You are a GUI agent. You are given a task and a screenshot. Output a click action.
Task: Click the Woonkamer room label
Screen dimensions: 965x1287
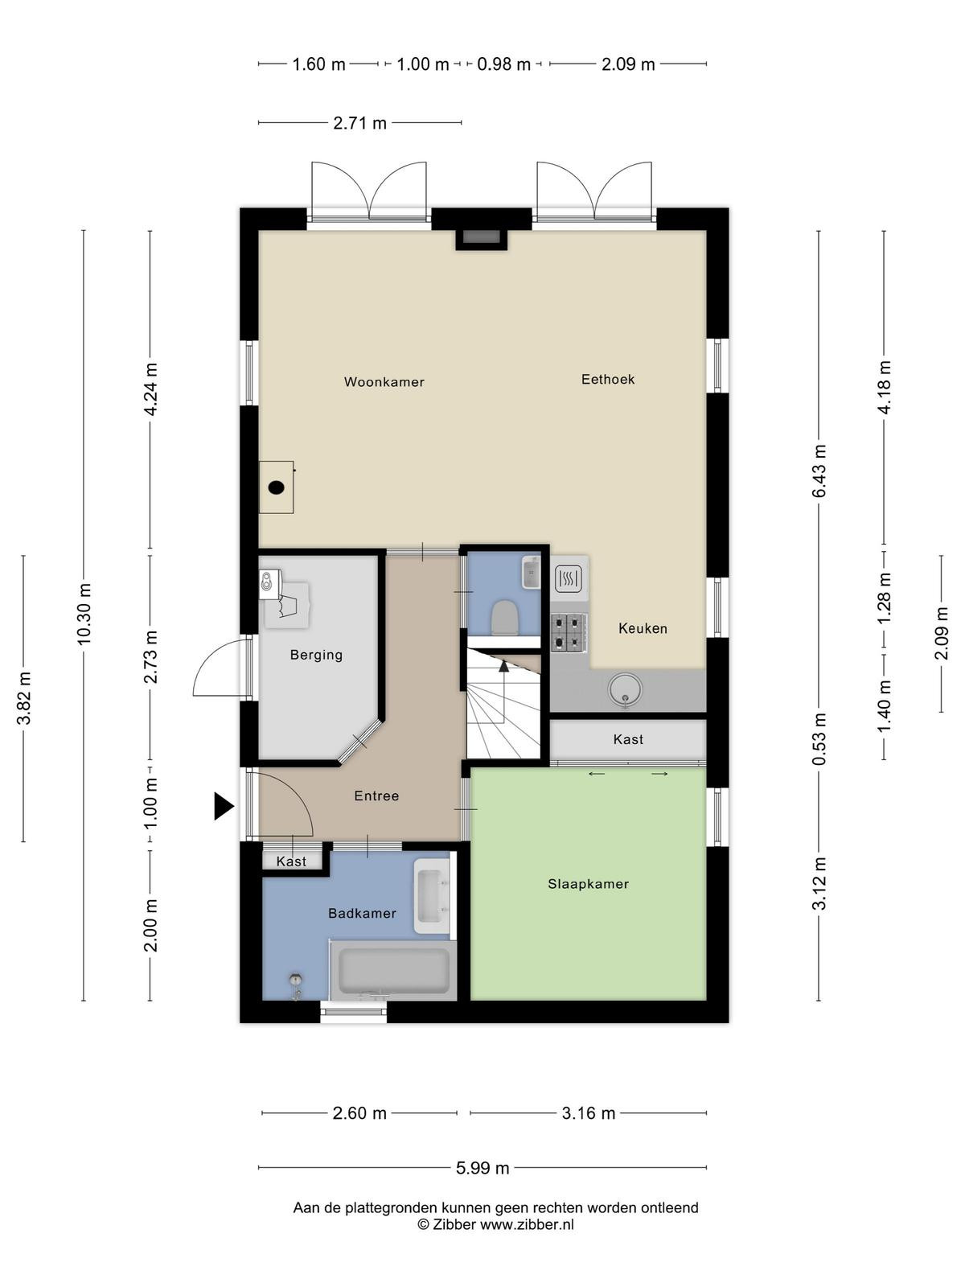click(384, 382)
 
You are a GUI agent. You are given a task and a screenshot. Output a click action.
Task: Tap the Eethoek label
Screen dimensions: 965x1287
click(608, 380)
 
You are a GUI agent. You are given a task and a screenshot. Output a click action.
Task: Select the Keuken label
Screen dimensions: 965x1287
click(643, 628)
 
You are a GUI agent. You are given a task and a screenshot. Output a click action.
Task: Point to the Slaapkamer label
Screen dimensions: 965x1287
click(589, 883)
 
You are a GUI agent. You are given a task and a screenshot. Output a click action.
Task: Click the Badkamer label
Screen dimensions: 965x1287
click(362, 913)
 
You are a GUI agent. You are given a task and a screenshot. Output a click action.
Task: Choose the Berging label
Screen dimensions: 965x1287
click(316, 655)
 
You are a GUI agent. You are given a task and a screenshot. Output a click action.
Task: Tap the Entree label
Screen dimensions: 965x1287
click(376, 796)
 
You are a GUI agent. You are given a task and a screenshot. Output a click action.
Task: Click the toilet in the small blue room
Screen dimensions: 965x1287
click(504, 618)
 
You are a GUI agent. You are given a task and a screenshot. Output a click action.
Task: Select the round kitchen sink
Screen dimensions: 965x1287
click(625, 689)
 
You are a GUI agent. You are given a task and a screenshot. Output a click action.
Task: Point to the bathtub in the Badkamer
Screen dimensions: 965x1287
click(393, 969)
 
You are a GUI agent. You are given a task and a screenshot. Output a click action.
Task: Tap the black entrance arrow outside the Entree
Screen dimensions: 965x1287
click(224, 806)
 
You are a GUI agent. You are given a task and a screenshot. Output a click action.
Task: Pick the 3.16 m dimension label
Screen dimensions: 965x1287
click(589, 1113)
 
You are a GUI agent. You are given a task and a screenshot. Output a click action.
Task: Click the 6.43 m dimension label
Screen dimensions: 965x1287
click(819, 471)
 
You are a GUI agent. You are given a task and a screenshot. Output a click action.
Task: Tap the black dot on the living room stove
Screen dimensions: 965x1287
click(276, 487)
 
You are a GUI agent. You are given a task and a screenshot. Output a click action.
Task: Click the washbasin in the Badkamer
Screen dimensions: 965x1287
click(433, 896)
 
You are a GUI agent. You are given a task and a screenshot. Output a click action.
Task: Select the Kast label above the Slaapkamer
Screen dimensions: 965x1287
click(628, 739)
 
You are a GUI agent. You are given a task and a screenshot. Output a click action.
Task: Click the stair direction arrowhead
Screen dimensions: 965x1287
click(503, 665)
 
